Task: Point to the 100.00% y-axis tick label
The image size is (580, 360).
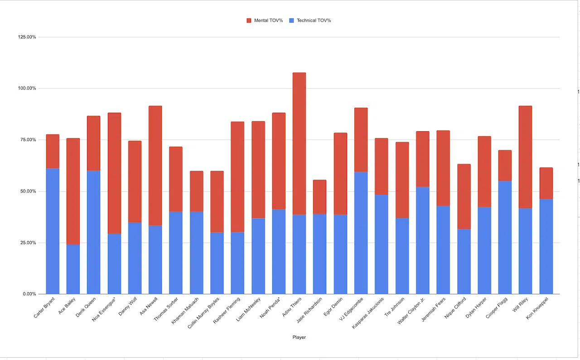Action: coord(27,88)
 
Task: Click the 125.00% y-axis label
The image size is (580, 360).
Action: coord(27,37)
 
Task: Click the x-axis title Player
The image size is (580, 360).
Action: coord(299,337)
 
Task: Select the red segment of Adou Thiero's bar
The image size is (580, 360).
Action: coord(299,144)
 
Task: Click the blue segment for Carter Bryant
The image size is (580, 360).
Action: coord(53,231)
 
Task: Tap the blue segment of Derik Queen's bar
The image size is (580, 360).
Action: coord(94,232)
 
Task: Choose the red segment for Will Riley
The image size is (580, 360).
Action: coord(525,157)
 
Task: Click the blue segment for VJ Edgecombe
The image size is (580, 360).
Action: coord(361,233)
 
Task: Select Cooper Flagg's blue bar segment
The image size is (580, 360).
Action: coord(505,237)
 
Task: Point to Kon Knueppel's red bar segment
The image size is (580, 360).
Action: coord(546,183)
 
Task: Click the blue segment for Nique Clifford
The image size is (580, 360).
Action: coord(464,261)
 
